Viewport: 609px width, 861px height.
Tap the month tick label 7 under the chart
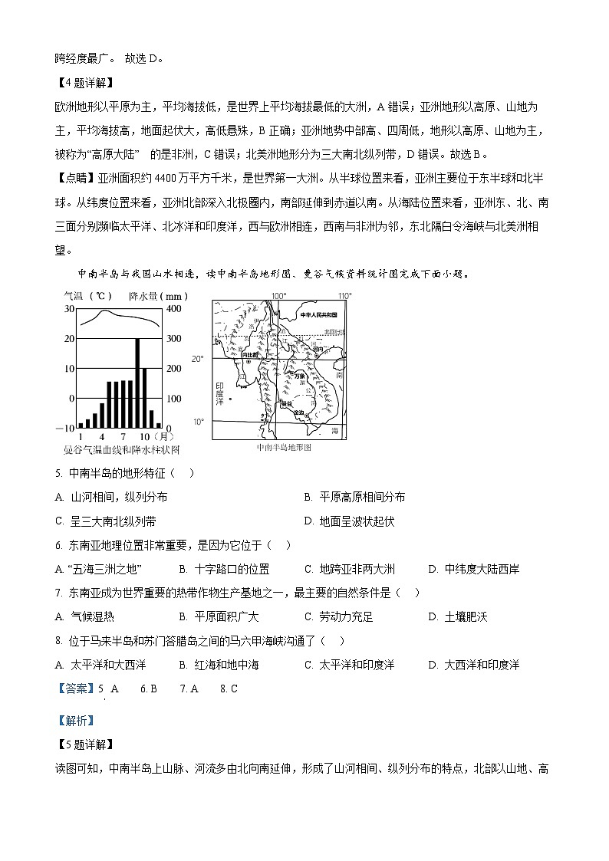123,436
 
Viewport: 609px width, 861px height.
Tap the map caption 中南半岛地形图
284,447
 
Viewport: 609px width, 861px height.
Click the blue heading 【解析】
75,720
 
